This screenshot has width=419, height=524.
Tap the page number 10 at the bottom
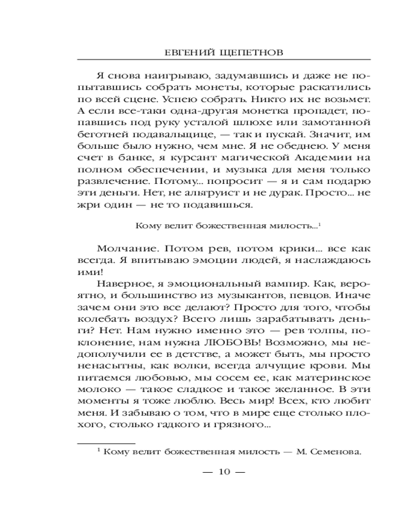click(223, 472)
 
